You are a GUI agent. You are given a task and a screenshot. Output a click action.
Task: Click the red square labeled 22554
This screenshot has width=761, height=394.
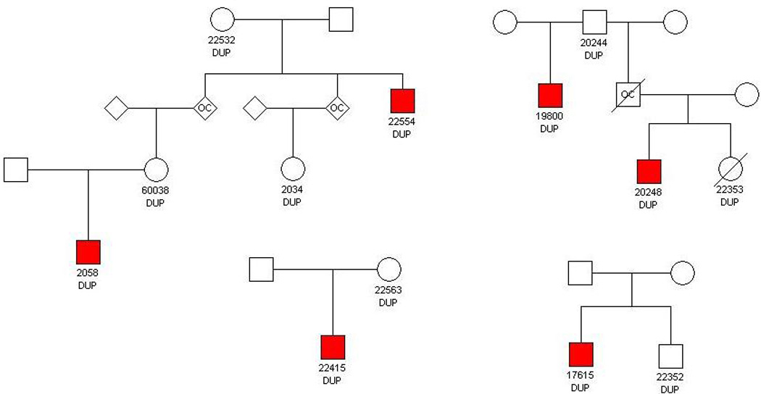click(x=402, y=100)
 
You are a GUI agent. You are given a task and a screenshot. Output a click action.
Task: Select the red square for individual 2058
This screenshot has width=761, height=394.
click(x=88, y=251)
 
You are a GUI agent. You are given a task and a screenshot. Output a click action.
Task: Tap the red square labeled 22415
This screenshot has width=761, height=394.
click(x=333, y=348)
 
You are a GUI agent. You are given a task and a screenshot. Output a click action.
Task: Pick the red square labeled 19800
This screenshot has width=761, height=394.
click(x=550, y=96)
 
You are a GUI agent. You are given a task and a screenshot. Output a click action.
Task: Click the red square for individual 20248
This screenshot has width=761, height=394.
click(x=648, y=172)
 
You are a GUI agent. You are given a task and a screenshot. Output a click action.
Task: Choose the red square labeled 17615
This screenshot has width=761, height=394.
click(x=581, y=354)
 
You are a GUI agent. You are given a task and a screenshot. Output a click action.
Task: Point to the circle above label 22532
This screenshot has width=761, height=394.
click(x=222, y=20)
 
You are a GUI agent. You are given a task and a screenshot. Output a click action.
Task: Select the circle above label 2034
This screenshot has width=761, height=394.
click(x=292, y=169)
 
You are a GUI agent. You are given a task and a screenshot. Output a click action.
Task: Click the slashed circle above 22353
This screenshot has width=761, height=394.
click(x=730, y=172)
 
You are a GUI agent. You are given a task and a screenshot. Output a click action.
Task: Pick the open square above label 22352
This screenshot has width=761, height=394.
click(x=671, y=355)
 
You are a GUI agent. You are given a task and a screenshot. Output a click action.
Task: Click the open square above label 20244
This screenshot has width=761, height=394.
click(x=594, y=21)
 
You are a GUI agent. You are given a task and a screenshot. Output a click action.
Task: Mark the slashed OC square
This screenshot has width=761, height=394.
click(x=627, y=93)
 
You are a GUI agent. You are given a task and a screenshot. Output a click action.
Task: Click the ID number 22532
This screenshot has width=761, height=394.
click(x=221, y=41)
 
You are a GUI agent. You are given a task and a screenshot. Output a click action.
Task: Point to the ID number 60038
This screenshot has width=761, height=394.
click(x=155, y=190)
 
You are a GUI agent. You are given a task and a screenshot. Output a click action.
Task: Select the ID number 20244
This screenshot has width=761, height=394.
click(x=594, y=43)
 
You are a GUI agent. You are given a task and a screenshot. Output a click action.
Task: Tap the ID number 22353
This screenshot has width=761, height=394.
click(x=730, y=191)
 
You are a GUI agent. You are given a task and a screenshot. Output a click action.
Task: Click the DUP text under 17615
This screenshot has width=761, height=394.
click(x=581, y=387)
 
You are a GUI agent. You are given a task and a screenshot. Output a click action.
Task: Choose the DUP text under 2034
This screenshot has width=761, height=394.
click(x=292, y=202)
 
